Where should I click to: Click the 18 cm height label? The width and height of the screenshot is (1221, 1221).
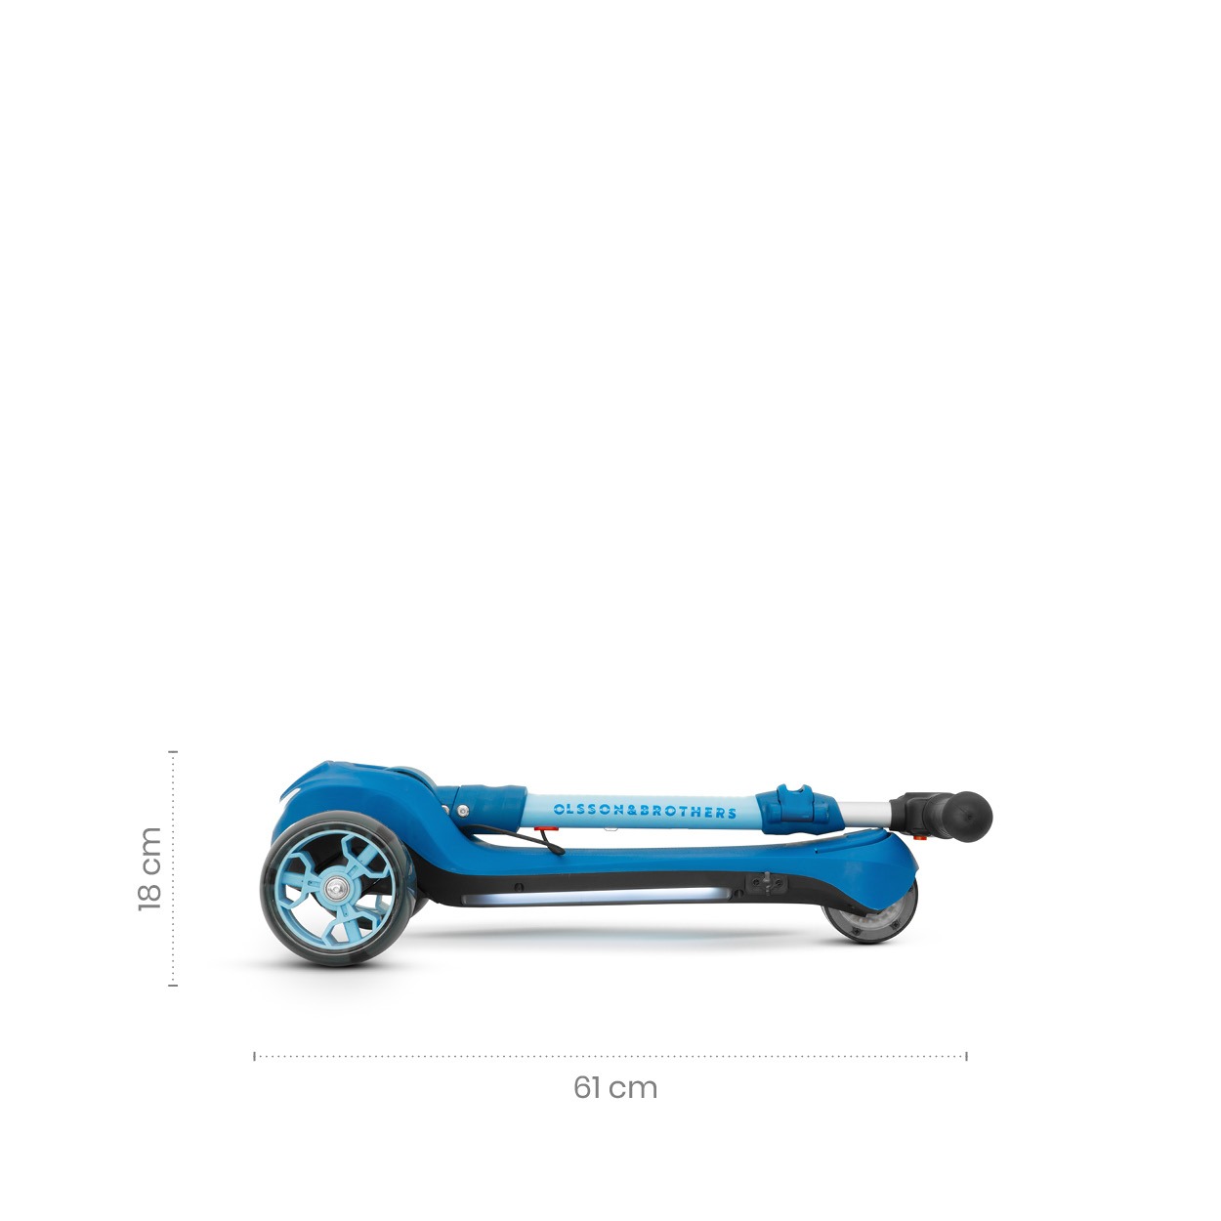[150, 868]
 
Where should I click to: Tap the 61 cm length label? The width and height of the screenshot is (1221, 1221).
[615, 1088]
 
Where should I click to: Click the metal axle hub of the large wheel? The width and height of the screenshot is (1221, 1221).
[335, 888]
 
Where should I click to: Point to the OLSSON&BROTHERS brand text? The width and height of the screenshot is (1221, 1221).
[645, 811]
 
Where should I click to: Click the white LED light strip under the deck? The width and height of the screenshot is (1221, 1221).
[595, 897]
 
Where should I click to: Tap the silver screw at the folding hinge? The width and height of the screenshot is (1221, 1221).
[464, 811]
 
